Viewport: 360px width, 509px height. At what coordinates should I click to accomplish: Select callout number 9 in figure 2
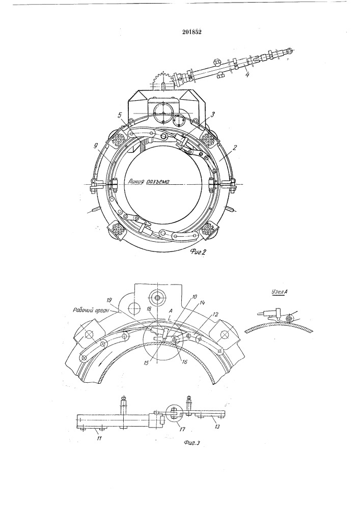96,147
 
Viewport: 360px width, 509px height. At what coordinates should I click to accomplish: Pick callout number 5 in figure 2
120,115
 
